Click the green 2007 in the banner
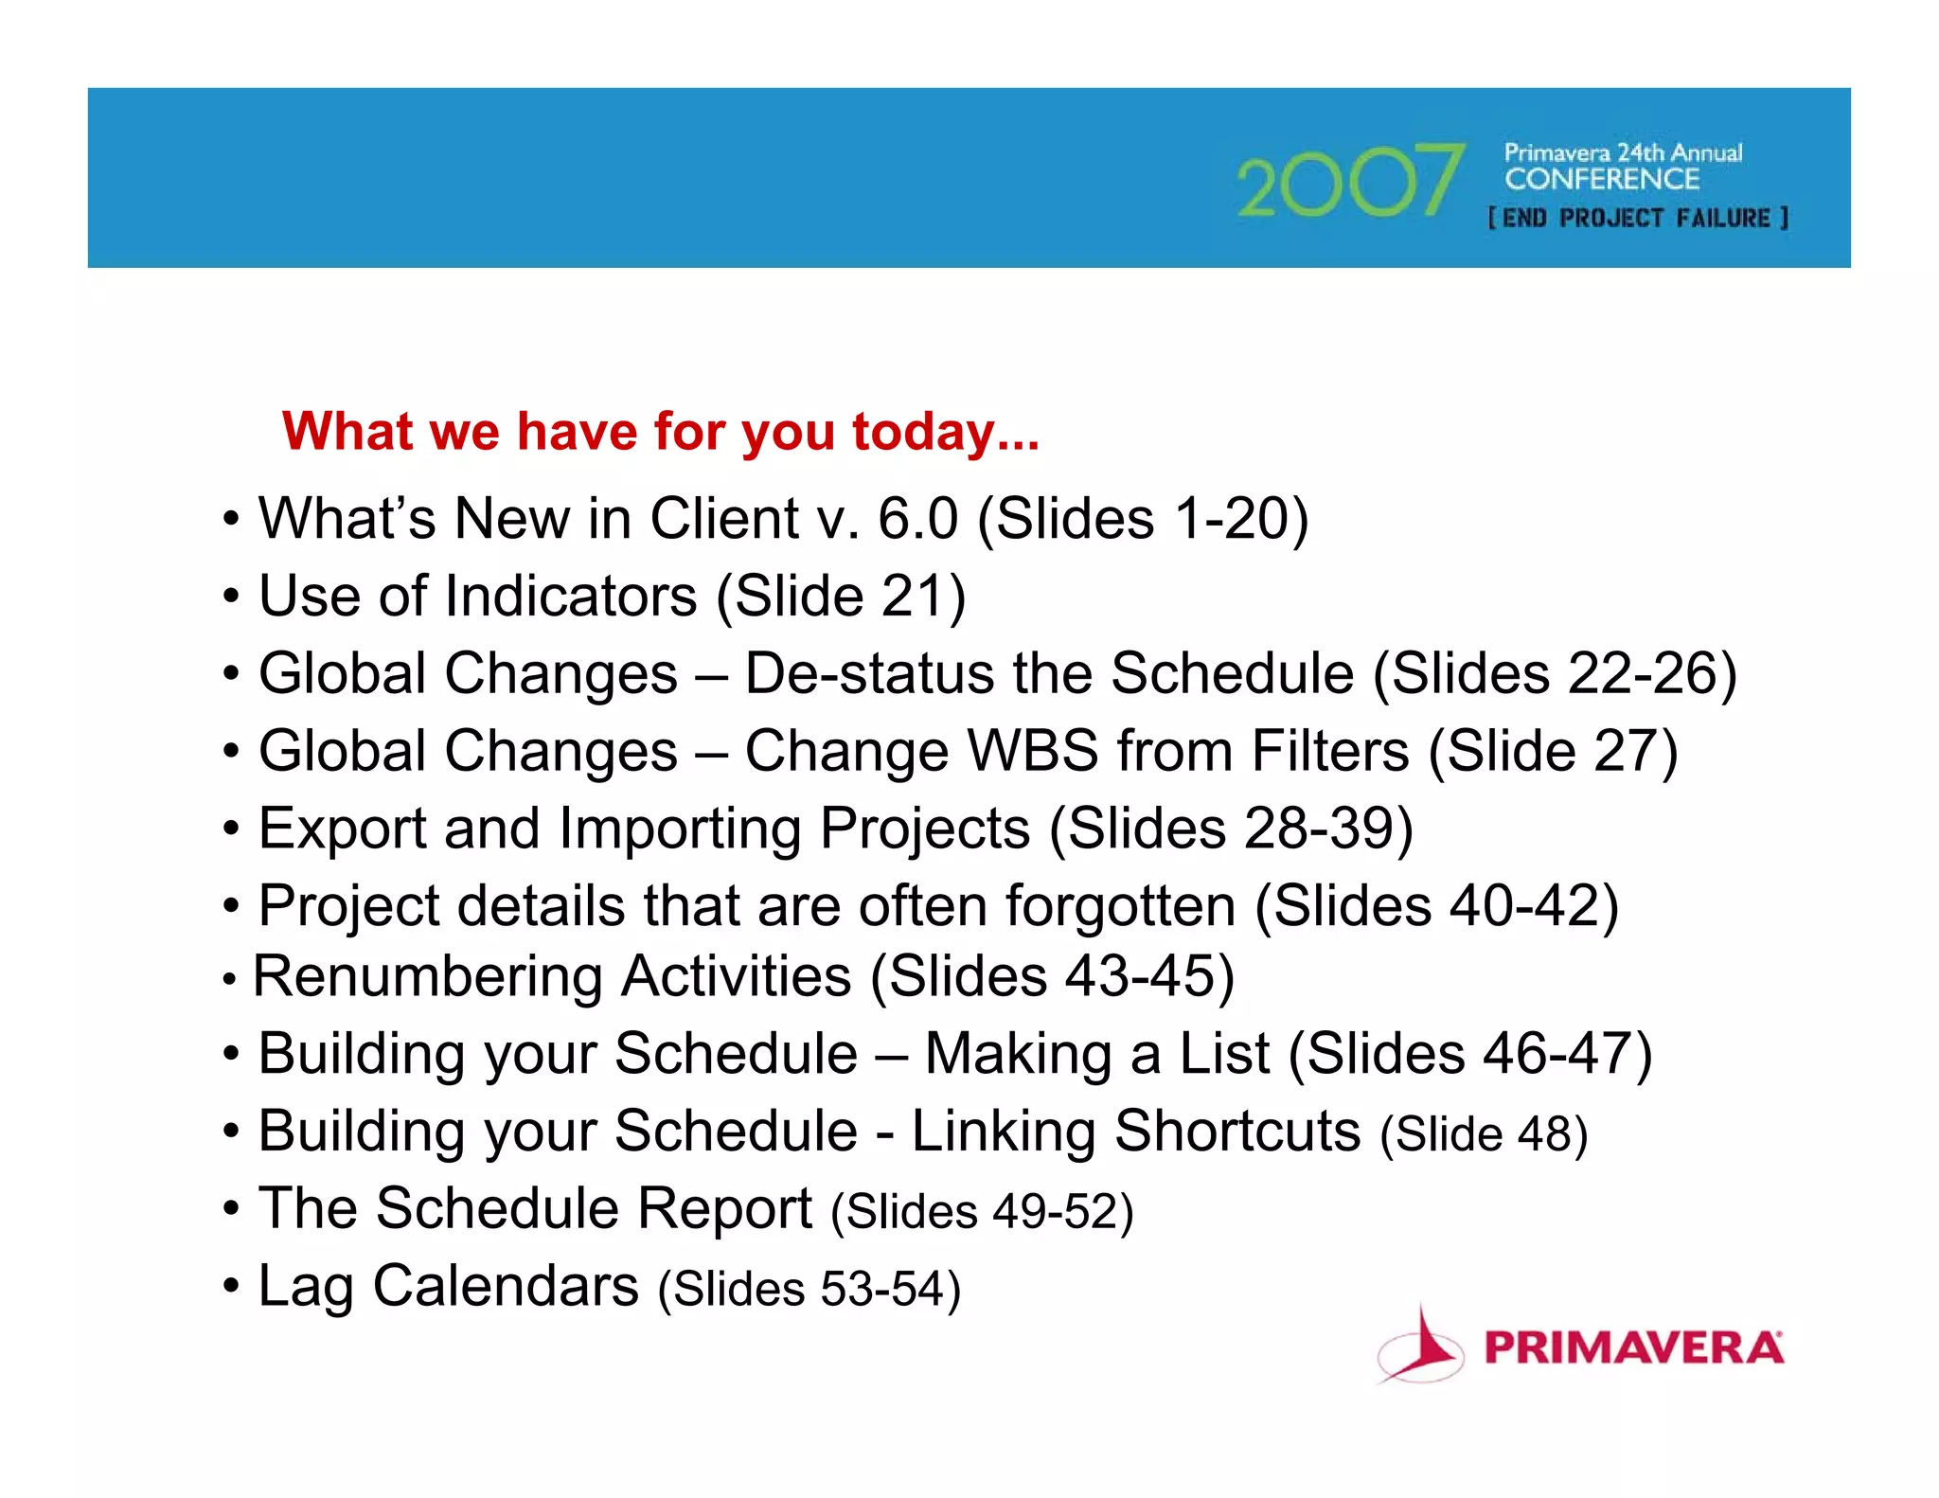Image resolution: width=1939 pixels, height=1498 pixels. (x=1349, y=182)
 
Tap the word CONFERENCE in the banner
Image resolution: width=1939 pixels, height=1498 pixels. (x=1602, y=179)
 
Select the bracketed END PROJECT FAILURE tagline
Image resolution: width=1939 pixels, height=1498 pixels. (x=1638, y=219)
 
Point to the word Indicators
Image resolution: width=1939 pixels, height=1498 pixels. (x=571, y=597)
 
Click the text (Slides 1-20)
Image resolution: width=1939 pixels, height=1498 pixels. (x=1143, y=519)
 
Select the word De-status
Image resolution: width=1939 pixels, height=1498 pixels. (x=870, y=674)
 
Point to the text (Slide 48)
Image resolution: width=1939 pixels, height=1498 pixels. (x=1484, y=1134)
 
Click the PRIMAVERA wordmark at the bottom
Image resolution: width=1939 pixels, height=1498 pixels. (x=1633, y=1348)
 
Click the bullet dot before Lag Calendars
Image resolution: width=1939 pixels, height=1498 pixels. (x=231, y=1288)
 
